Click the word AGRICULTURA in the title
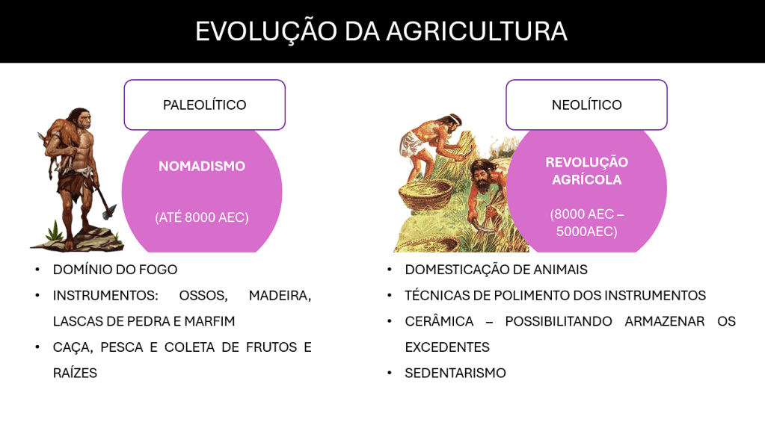point(476,31)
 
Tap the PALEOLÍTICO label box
point(204,105)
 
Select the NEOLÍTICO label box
point(586,105)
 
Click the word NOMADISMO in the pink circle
point(202,167)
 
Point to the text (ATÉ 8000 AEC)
point(202,217)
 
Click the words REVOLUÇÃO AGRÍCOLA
point(586,171)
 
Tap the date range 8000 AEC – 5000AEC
point(586,223)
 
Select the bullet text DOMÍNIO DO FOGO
point(115,270)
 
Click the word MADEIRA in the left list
point(280,296)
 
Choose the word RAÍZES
point(75,373)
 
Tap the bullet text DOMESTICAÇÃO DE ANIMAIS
point(497,270)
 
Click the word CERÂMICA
point(439,321)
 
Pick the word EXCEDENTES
point(447,347)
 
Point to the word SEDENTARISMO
point(455,373)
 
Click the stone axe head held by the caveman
point(109,211)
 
